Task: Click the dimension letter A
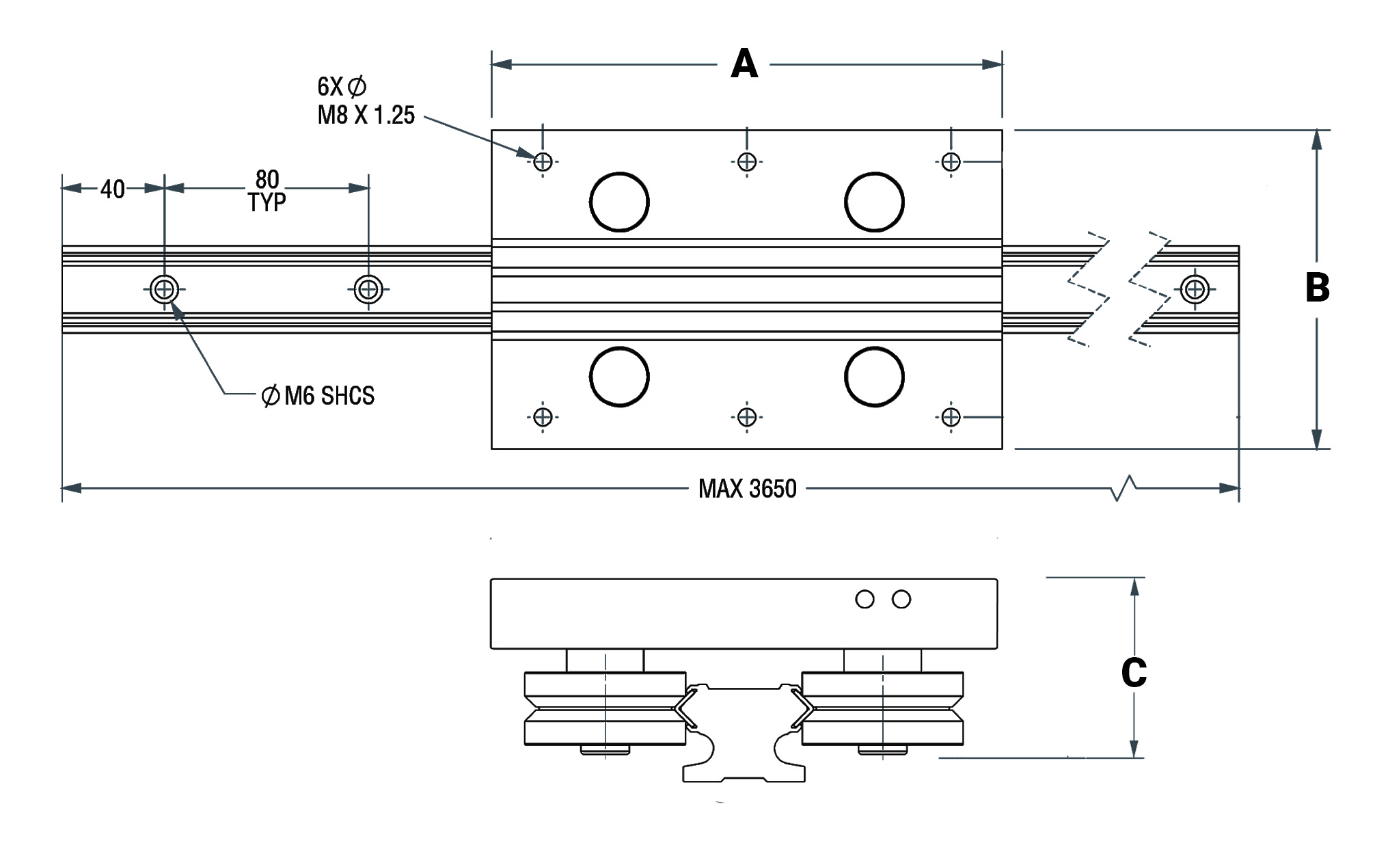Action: [x=744, y=64]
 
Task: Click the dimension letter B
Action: [x=1317, y=288]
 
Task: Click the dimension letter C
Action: [x=1134, y=673]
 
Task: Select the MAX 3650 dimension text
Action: [x=748, y=489]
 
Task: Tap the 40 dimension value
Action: [x=113, y=189]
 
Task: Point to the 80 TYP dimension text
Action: [x=267, y=191]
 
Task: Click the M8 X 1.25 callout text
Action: [x=366, y=115]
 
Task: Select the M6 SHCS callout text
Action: [x=318, y=395]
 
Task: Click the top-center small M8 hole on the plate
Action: [x=747, y=162]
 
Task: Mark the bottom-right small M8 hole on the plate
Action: [x=951, y=416]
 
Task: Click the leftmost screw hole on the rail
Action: [x=164, y=289]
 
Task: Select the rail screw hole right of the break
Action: [x=1195, y=289]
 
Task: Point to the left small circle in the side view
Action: [x=865, y=600]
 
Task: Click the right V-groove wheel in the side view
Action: [x=882, y=708]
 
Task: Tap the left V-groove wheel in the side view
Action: [x=605, y=708]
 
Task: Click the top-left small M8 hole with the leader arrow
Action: [x=543, y=162]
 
